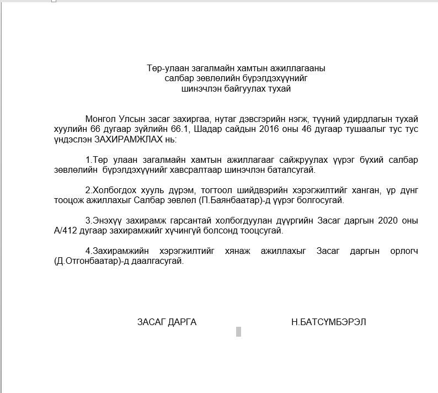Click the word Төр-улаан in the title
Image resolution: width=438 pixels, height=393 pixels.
(164, 69)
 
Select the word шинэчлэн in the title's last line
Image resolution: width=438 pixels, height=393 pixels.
(205, 89)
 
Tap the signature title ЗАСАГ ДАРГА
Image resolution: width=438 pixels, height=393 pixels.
(167, 322)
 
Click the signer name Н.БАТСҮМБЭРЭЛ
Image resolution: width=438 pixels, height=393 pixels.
(328, 322)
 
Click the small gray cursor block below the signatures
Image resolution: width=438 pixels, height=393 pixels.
(238, 331)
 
